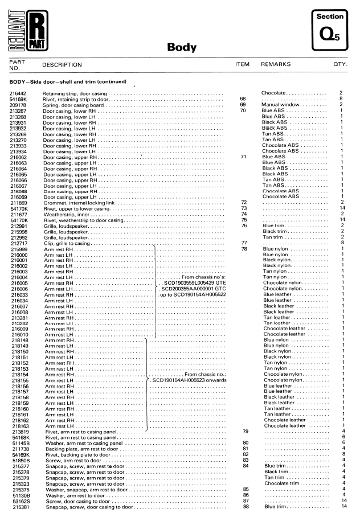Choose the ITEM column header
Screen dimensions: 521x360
[243, 65]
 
